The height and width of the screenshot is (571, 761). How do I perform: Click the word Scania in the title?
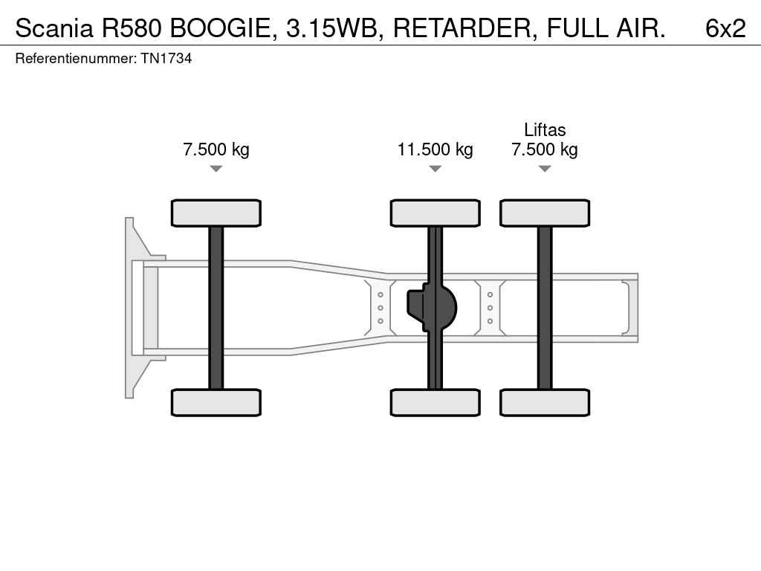(54, 28)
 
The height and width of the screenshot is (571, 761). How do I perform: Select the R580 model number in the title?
(131, 28)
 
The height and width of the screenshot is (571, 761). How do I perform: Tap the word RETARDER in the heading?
(462, 28)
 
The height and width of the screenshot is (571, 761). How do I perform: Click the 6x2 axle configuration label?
(725, 28)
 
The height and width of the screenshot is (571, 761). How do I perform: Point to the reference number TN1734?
(166, 59)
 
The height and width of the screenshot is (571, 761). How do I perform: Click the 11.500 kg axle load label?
(435, 149)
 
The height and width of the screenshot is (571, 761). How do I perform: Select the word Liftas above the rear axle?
(545, 129)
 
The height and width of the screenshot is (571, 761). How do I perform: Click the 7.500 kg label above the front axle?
(216, 149)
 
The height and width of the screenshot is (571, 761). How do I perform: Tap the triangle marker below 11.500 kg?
(435, 169)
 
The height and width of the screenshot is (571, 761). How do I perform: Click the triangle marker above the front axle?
(216, 169)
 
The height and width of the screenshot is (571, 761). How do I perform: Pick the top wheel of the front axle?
(216, 213)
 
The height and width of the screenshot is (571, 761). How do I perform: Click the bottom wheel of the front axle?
(216, 402)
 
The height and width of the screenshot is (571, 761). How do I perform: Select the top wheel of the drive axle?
(435, 213)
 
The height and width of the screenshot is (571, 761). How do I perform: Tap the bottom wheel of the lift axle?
(545, 402)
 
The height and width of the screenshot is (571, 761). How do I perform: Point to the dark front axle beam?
(216, 308)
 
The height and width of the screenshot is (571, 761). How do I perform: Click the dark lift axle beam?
(545, 308)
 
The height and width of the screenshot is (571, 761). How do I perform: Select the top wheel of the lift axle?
(545, 213)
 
